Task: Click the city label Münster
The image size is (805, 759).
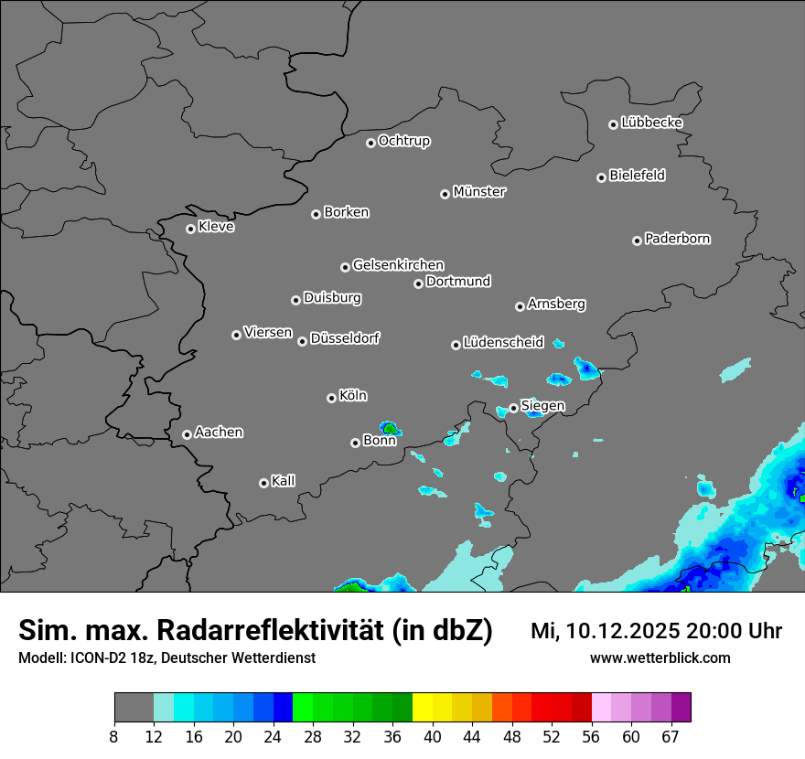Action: point(478,192)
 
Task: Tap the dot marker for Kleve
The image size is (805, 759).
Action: point(190,229)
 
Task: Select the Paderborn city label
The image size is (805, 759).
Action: point(677,239)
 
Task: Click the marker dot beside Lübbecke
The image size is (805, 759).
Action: point(613,124)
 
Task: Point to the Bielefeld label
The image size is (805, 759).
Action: point(637,176)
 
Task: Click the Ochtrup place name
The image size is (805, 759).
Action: point(403,141)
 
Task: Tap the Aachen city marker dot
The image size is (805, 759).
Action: point(187,434)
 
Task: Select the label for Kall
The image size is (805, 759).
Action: point(283,481)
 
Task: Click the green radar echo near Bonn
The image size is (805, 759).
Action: point(391,427)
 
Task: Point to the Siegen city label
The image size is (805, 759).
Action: point(542,406)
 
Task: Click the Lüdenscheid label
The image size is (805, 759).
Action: point(503,343)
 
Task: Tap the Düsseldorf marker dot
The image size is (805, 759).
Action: point(302,341)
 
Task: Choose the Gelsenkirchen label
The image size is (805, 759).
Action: point(398,265)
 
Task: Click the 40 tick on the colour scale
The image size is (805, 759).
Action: point(432,737)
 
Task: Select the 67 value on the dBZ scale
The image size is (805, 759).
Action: point(671,737)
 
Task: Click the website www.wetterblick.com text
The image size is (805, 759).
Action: point(660,658)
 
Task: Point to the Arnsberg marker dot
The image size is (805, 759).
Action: point(520,306)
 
